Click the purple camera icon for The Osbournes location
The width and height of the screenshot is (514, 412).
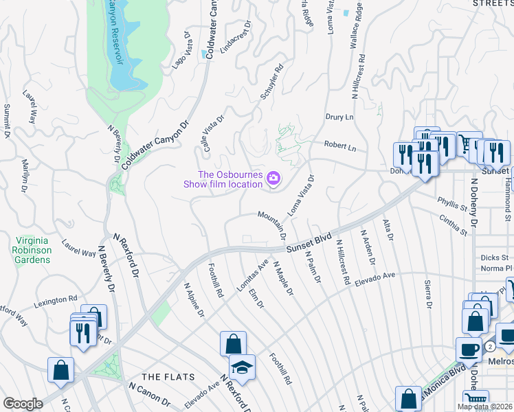tap(273, 179)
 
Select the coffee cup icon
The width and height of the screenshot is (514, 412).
tap(469, 349)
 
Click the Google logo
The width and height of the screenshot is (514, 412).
tap(23, 404)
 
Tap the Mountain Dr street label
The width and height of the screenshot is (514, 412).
tap(272, 225)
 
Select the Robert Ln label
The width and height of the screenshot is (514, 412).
tap(341, 147)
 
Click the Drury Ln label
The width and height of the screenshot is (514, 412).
tap(339, 117)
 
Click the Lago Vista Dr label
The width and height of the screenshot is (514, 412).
tap(180, 49)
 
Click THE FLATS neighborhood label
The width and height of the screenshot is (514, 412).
tap(168, 377)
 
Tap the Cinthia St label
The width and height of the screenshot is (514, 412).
tap(454, 227)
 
